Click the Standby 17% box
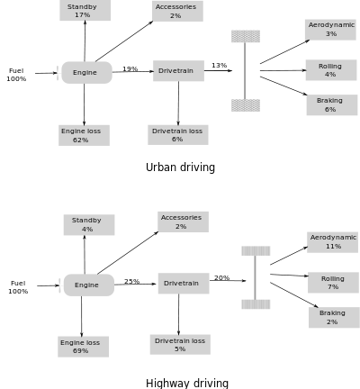(x=85, y=11)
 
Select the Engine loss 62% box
(x=84, y=135)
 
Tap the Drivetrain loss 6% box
(x=178, y=135)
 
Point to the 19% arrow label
(x=130, y=68)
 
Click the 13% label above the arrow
(x=220, y=65)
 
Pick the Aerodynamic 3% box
(x=330, y=30)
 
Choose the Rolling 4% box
(x=331, y=70)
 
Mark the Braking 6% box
(x=332, y=104)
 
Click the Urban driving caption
(x=180, y=167)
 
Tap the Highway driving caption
(x=187, y=384)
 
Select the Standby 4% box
(x=89, y=225)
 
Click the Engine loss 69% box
(x=84, y=347)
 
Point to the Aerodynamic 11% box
(x=332, y=242)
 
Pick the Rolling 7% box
(x=333, y=283)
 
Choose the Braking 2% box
(x=334, y=317)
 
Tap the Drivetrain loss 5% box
(x=180, y=344)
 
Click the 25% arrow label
(x=132, y=281)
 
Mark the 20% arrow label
(x=222, y=277)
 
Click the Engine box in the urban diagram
(x=86, y=72)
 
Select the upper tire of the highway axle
(x=256, y=251)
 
